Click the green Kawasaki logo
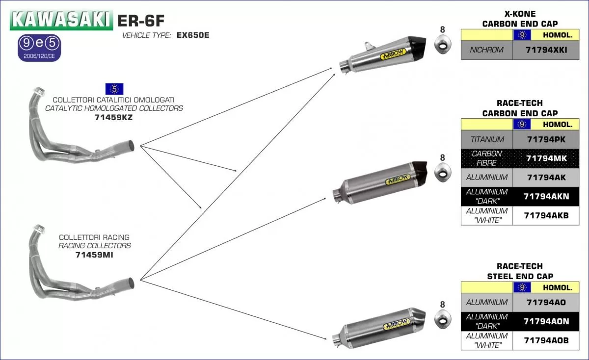[x=60, y=20]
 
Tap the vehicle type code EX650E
[x=193, y=35]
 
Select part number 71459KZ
[x=113, y=118]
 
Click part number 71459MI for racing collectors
[x=94, y=255]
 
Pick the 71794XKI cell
[x=546, y=50]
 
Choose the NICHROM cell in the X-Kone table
[x=486, y=50]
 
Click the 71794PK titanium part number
[x=546, y=139]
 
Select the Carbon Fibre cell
[x=486, y=158]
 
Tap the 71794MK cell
[x=546, y=158]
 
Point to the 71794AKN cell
[x=546, y=196]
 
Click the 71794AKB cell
[x=546, y=215]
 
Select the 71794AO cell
[x=546, y=302]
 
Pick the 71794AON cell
[x=546, y=321]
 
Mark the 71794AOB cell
[x=546, y=340]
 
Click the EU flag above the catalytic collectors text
[x=114, y=89]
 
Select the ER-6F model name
[x=140, y=20]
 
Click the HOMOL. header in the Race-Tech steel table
[x=557, y=288]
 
